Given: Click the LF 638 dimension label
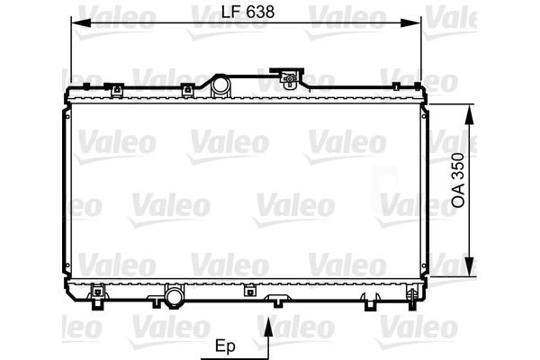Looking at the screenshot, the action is pyautogui.click(x=247, y=13).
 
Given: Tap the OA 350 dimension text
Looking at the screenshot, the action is pyautogui.click(x=458, y=180).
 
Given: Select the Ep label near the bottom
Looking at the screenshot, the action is pyautogui.click(x=225, y=346).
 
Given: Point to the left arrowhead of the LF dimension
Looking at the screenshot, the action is pyautogui.click(x=81, y=23).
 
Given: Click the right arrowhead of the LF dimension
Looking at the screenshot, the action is pyautogui.click(x=411, y=23).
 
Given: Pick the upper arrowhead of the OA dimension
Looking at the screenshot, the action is pyautogui.click(x=469, y=114).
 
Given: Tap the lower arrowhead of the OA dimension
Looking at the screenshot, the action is pyautogui.click(x=469, y=266).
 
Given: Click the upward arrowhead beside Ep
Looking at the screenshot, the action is pyautogui.click(x=269, y=328).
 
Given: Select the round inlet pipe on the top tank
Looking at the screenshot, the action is pyautogui.click(x=220, y=85).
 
